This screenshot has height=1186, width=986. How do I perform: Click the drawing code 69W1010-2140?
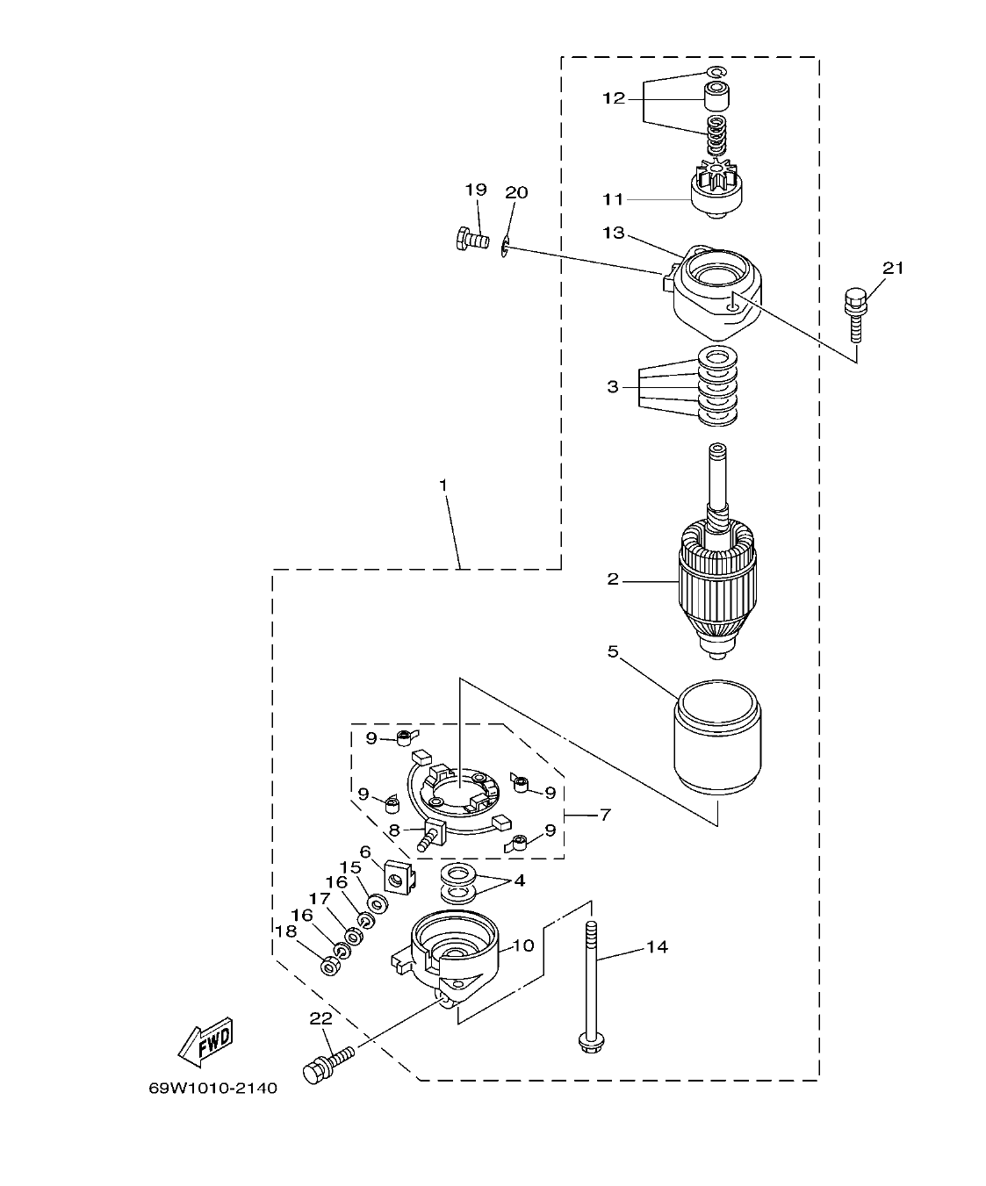click(212, 1089)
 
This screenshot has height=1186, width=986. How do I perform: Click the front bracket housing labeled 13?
click(716, 294)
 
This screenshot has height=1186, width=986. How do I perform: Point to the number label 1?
click(443, 485)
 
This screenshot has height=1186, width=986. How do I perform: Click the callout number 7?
click(604, 815)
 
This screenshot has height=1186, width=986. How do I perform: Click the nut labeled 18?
click(331, 967)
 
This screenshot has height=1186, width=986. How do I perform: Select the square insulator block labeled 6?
click(398, 877)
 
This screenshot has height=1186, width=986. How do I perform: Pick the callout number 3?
click(612, 387)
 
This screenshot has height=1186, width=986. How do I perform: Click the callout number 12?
click(613, 98)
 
